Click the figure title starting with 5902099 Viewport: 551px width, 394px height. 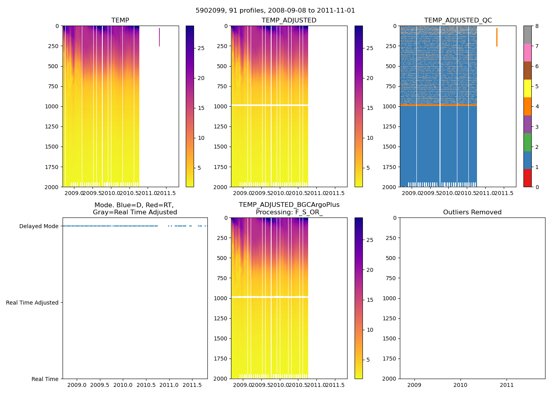point(275,11)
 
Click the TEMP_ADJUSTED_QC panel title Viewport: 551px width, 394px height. point(458,20)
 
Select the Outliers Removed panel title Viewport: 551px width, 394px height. point(472,212)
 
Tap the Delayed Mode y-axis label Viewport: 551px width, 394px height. point(39,226)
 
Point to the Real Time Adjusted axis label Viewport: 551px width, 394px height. point(32,303)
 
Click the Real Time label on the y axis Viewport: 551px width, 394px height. point(45,379)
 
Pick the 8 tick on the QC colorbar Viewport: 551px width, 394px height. point(537,26)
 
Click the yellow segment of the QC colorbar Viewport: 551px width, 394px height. point(527,88)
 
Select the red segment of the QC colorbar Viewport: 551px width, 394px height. point(527,178)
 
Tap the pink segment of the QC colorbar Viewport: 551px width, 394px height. point(527,52)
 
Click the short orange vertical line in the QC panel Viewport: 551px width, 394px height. point(497,37)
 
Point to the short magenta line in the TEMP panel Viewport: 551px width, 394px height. point(159,37)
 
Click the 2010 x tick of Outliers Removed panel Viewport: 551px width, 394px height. point(460,385)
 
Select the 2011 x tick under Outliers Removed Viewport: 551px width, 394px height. point(507,385)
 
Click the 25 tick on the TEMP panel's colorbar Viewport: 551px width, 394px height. point(201,48)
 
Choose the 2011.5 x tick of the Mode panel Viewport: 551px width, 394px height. point(192,385)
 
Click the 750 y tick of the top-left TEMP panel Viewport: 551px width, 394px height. point(52,86)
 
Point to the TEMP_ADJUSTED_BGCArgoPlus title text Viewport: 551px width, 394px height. point(289,205)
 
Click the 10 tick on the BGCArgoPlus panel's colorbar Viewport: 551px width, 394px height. point(370,330)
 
